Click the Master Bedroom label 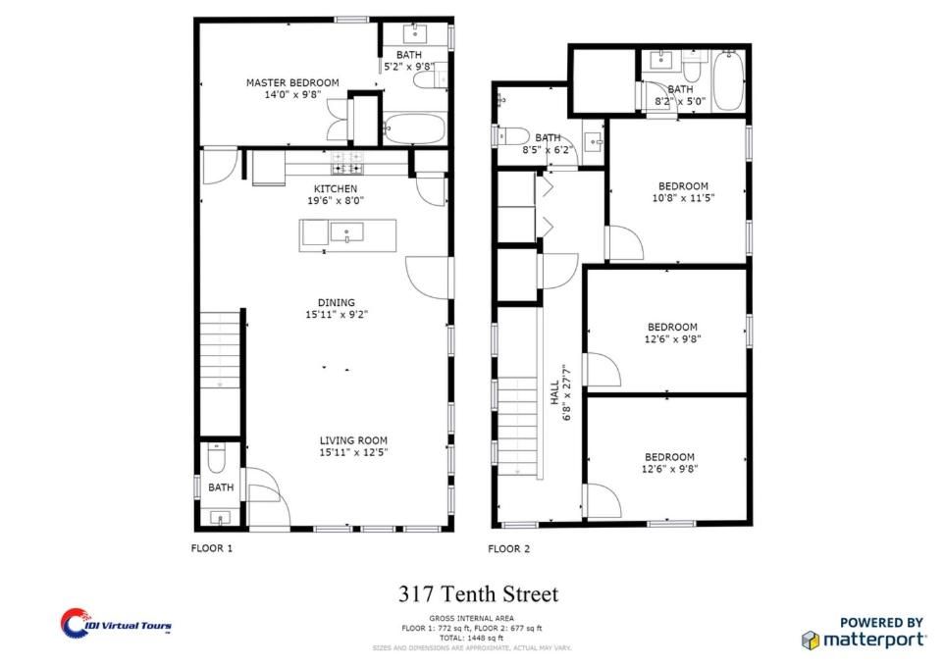pos(292,82)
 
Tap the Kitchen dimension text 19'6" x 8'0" pos(336,200)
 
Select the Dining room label pos(336,302)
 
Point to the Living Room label pos(353,440)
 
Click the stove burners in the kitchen pos(347,163)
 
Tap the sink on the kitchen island pos(346,232)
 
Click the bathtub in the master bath pos(414,128)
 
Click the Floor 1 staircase pos(220,350)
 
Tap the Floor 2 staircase pos(517,427)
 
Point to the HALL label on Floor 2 pos(554,391)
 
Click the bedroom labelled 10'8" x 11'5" pos(683,192)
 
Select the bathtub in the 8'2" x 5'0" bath pos(728,80)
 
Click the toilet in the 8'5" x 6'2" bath pos(513,136)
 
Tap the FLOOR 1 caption pos(211,548)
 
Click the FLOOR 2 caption pos(508,549)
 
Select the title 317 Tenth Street pos(478,594)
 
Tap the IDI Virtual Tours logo pos(116,623)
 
